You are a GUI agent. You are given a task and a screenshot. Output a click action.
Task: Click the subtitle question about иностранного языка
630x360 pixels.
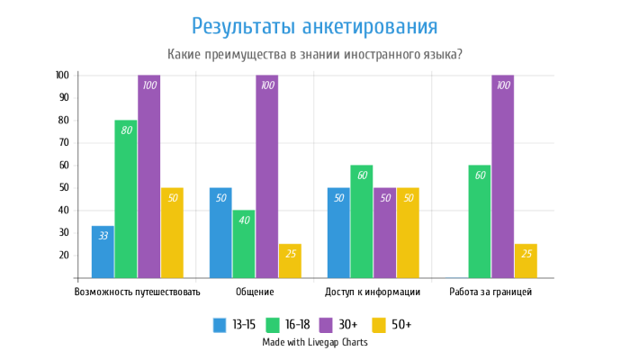pyautogui.click(x=315, y=54)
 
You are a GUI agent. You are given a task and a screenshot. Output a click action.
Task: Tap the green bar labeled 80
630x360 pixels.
pyautogui.click(x=126, y=199)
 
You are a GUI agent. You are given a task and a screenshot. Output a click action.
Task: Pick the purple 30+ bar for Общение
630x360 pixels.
pyautogui.click(x=266, y=176)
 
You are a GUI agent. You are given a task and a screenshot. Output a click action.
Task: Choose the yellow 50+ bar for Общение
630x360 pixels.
pyautogui.click(x=290, y=261)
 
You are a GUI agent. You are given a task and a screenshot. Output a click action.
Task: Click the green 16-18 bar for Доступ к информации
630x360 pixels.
pyautogui.click(x=362, y=221)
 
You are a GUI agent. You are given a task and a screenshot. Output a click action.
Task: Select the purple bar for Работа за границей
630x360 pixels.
pyautogui.click(x=503, y=176)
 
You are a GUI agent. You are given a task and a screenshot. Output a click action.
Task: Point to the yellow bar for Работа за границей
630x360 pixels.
pyautogui.click(x=526, y=261)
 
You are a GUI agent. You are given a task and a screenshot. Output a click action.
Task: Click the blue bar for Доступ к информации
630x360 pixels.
pyautogui.click(x=338, y=233)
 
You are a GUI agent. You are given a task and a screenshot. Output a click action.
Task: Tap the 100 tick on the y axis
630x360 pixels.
pyautogui.click(x=62, y=76)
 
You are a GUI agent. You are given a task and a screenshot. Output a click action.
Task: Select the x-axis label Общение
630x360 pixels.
pyautogui.click(x=255, y=292)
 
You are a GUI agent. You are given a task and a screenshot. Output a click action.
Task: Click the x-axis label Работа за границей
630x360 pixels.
pyautogui.click(x=490, y=292)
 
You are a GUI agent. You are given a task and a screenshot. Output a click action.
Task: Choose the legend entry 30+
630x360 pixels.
pyautogui.click(x=354, y=324)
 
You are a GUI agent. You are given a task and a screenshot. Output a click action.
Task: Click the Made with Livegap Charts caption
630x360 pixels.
pyautogui.click(x=315, y=342)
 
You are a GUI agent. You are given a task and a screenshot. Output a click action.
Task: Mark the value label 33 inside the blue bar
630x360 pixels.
pyautogui.click(x=103, y=236)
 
